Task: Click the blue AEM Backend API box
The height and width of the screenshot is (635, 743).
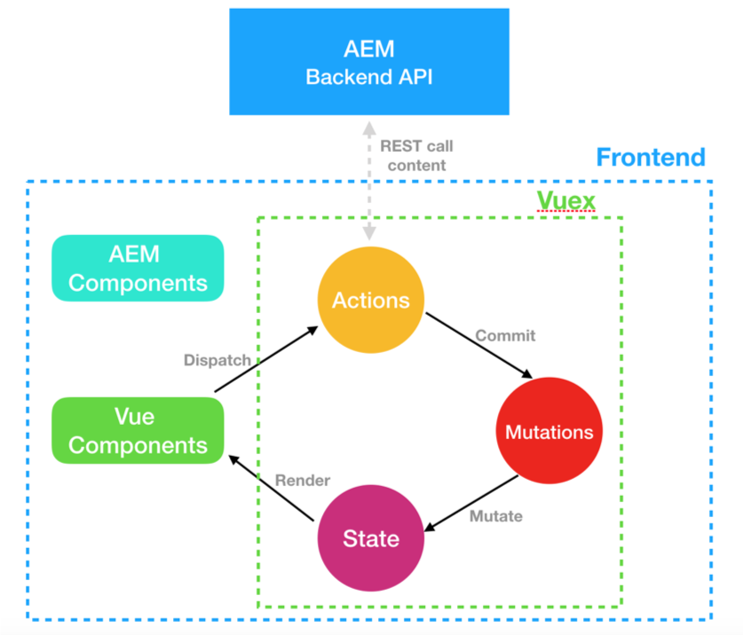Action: [x=369, y=61]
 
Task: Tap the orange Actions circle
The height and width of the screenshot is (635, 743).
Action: [x=371, y=300]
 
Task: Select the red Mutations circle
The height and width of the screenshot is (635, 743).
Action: [x=549, y=432]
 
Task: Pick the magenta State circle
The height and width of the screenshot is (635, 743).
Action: [x=371, y=538]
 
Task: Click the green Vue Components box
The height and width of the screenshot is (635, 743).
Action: [x=138, y=430]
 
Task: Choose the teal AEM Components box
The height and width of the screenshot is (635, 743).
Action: [x=138, y=268]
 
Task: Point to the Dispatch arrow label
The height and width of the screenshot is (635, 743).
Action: [x=217, y=360]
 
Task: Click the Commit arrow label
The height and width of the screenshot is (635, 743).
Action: [x=505, y=336]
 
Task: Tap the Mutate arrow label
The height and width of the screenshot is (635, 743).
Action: [x=496, y=515]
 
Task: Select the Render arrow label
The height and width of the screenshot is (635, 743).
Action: [x=302, y=480]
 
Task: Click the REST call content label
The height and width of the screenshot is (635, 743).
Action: [x=410, y=155]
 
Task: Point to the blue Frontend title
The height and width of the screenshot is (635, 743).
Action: [x=651, y=158]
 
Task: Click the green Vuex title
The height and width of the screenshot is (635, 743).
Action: [x=566, y=200]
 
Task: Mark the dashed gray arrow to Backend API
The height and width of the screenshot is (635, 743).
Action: [x=368, y=177]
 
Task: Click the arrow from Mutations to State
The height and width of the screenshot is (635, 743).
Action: [x=470, y=504]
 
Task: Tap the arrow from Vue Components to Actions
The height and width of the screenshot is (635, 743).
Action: [x=266, y=359]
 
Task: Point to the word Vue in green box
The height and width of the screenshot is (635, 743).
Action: [x=135, y=415]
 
